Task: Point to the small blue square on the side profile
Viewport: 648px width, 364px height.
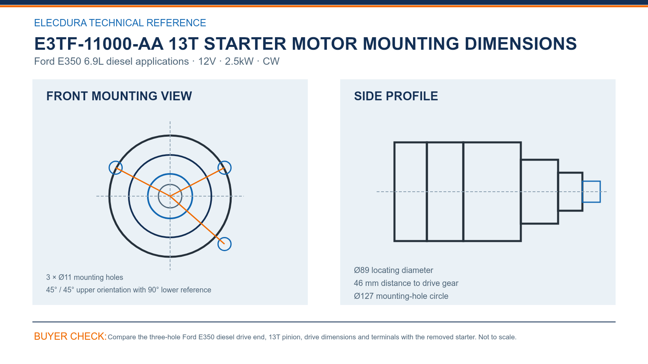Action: click(582, 192)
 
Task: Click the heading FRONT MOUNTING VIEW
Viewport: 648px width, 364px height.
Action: click(119, 96)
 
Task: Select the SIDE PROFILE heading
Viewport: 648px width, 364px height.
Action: click(396, 96)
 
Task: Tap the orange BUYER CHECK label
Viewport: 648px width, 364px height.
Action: click(70, 336)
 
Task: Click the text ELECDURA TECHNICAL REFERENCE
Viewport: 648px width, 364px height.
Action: click(120, 23)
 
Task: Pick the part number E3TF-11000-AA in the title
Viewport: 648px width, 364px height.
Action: click(99, 44)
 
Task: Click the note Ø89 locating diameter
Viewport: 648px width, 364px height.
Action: click(393, 270)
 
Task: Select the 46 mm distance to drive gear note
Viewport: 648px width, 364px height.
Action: click(406, 283)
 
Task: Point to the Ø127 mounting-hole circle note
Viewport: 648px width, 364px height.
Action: click(401, 296)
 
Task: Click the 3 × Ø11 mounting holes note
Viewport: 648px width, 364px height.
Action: click(85, 277)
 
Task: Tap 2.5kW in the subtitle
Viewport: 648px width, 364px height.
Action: click(239, 61)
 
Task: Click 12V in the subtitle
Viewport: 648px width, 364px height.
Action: click(207, 61)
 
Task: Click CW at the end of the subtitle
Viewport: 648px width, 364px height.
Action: click(271, 61)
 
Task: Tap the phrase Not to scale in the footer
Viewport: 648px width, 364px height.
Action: click(497, 337)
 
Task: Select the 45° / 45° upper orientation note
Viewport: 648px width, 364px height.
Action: click(128, 290)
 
